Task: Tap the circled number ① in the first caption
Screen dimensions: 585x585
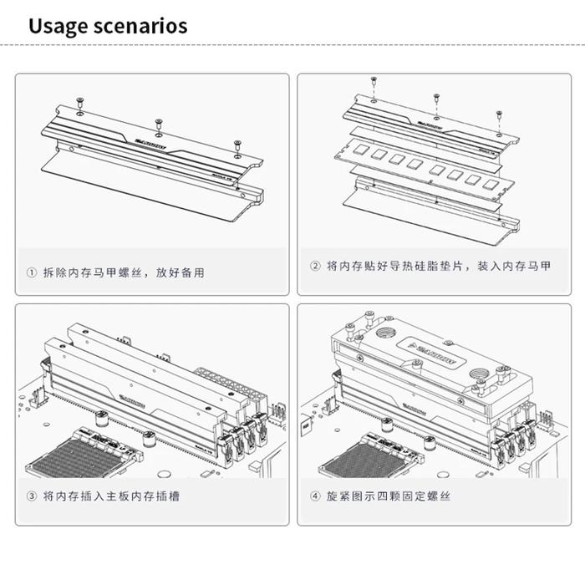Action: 32,272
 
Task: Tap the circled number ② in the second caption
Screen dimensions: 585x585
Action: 315,266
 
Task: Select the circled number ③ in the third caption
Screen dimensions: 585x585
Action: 32,496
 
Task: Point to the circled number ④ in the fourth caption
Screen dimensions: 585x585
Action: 315,496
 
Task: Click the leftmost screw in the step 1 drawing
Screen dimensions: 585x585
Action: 79,103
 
